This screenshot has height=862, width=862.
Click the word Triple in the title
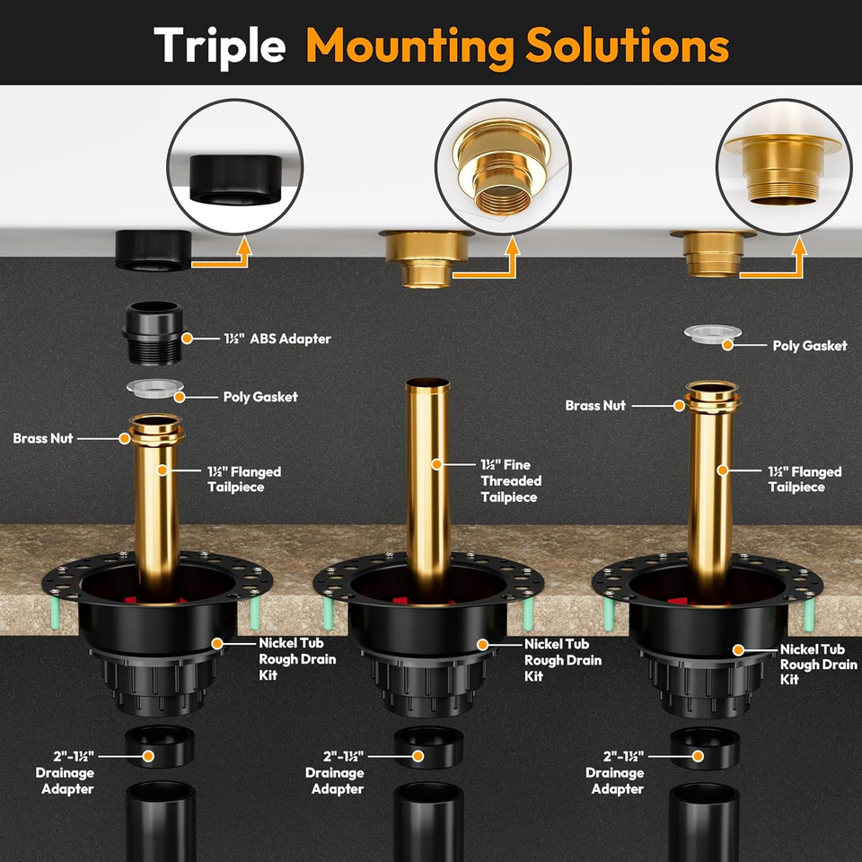pos(219,46)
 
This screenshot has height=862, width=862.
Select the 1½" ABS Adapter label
pos(277,339)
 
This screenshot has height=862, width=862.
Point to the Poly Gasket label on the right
pos(810,345)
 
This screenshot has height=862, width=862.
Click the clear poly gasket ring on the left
pos(155,388)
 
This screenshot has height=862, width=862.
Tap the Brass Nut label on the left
pos(43,438)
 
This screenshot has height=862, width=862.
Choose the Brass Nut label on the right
pos(595,405)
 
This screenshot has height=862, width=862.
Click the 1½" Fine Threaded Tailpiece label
pos(511,480)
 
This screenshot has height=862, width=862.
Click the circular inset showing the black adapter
pos(234,167)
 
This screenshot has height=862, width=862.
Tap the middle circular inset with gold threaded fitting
pos(503,167)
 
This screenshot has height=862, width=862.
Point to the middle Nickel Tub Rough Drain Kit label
pos(562,659)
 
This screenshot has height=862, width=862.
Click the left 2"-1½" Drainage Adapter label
pos(65,772)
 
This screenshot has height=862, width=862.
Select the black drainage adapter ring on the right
pos(704,747)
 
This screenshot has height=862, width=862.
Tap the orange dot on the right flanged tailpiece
pos(723,470)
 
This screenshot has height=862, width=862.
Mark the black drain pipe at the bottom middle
pos(428,822)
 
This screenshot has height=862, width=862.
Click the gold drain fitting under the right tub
pos(712,252)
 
